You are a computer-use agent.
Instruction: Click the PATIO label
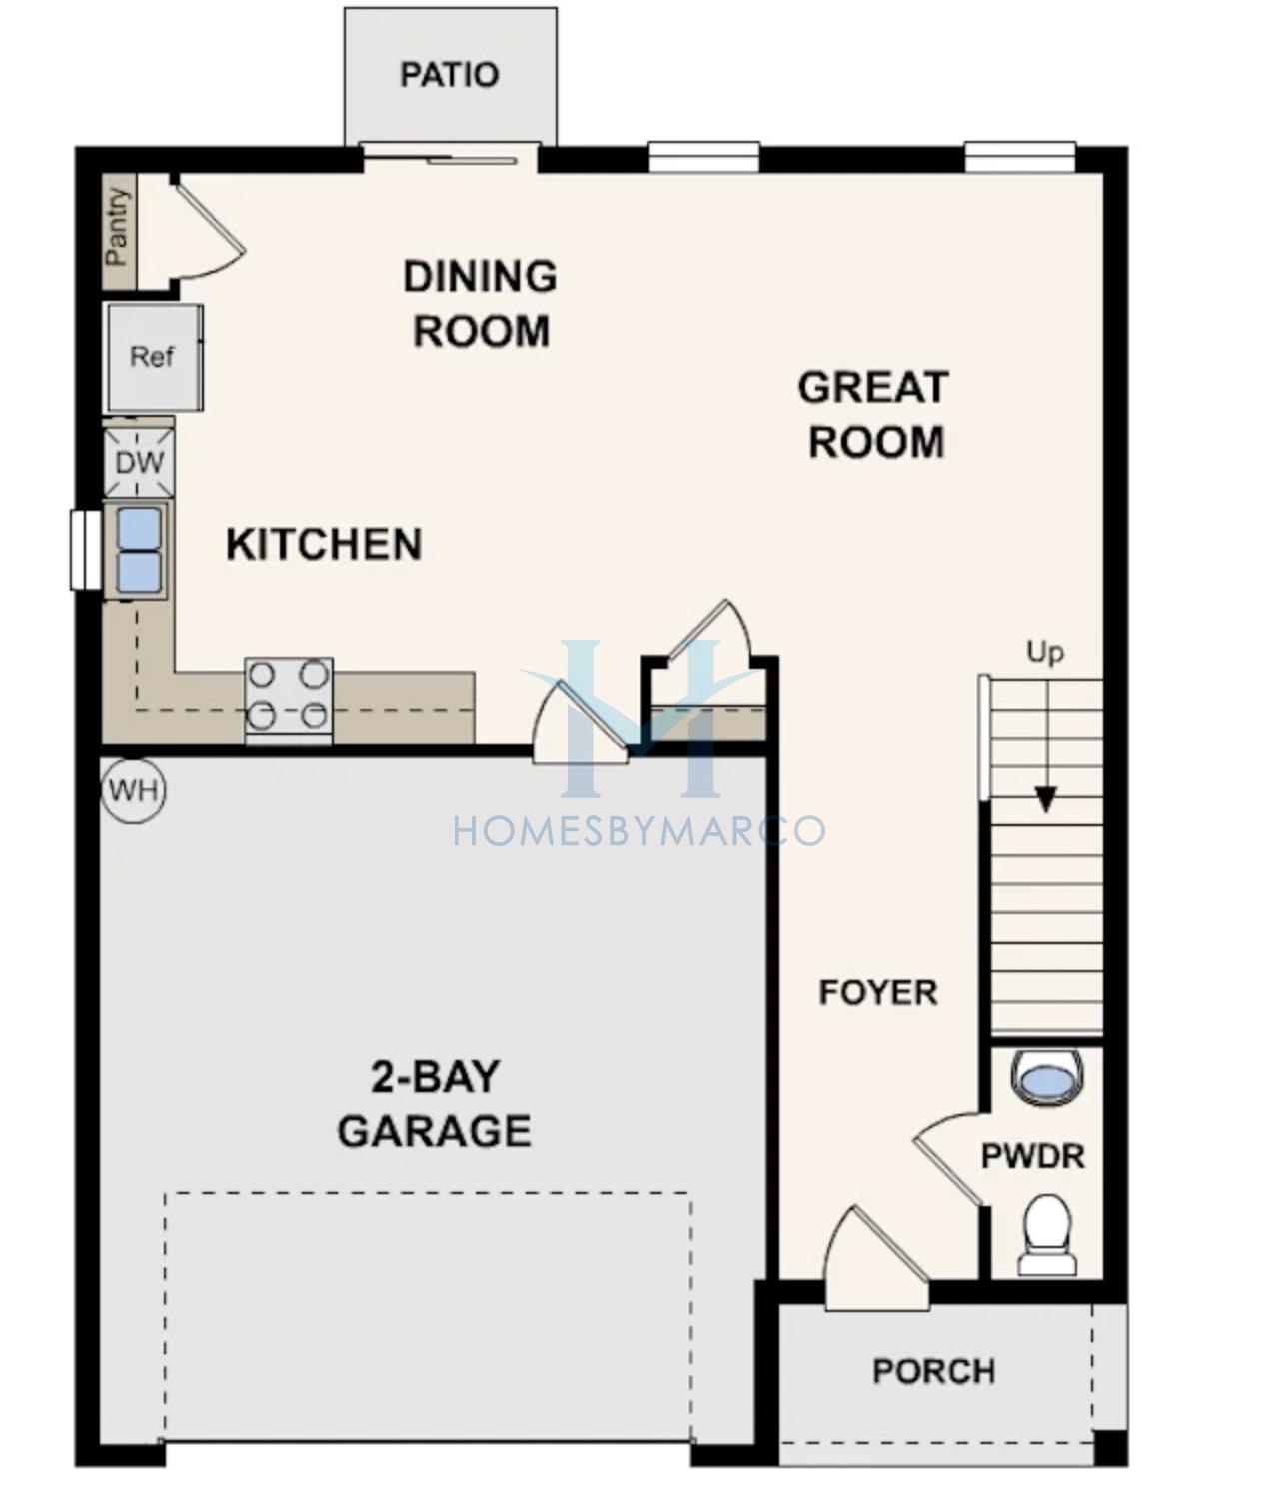449,75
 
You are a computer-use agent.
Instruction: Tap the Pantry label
117,227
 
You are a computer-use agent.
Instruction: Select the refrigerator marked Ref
155,357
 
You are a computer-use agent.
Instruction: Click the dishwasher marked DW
140,462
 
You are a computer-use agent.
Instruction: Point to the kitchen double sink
138,551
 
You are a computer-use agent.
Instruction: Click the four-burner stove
288,701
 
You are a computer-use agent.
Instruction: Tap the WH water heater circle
134,791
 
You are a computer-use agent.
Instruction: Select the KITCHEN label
324,544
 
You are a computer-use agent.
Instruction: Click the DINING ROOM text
480,303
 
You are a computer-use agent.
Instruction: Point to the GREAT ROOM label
874,414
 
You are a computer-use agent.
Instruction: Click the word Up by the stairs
1045,653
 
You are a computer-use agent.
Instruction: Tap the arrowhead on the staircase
1045,799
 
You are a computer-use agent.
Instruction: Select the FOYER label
878,993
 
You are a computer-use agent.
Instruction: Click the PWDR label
1033,1157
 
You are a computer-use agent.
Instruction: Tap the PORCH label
934,1371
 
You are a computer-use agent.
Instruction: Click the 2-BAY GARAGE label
434,1105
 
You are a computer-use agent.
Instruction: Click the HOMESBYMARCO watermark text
639,831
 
